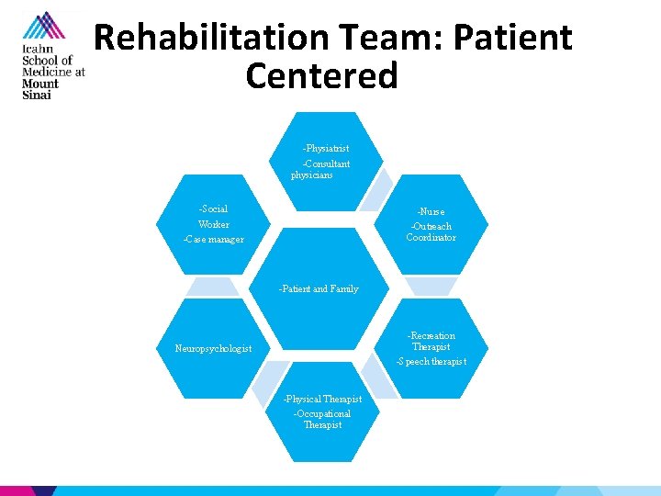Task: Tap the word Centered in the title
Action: pos(321,75)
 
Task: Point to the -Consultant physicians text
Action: pos(320,169)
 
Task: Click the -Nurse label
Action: pos(430,211)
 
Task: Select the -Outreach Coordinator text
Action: pos(431,231)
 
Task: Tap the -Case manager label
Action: pos(213,240)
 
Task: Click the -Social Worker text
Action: pos(213,217)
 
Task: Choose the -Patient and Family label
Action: pos(319,288)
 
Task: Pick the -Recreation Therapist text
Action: pos(431,341)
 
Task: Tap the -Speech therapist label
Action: pos(431,362)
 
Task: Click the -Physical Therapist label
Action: pos(322,399)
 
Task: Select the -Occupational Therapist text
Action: pos(322,419)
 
